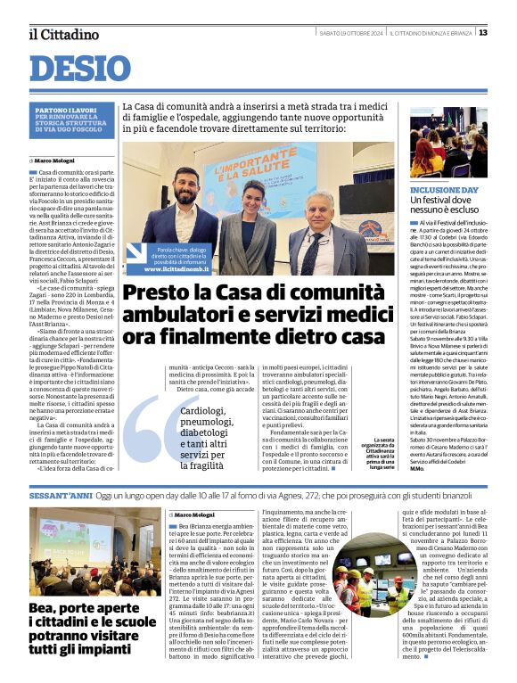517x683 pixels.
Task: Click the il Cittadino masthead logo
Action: pyautogui.click(x=63, y=34)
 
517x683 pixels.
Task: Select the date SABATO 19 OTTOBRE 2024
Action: pyautogui.click(x=351, y=33)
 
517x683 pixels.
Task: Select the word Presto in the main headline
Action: pyautogui.click(x=155, y=294)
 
